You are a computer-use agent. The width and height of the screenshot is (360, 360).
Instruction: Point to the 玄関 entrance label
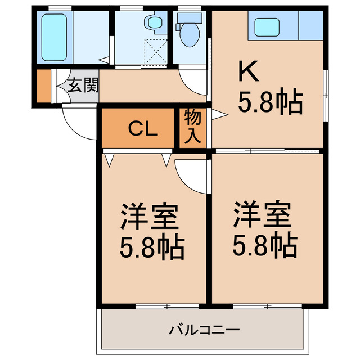(83, 85)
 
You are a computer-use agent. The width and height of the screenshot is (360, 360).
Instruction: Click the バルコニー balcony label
(205, 329)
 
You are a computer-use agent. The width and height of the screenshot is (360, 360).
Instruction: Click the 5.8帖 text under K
(271, 102)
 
